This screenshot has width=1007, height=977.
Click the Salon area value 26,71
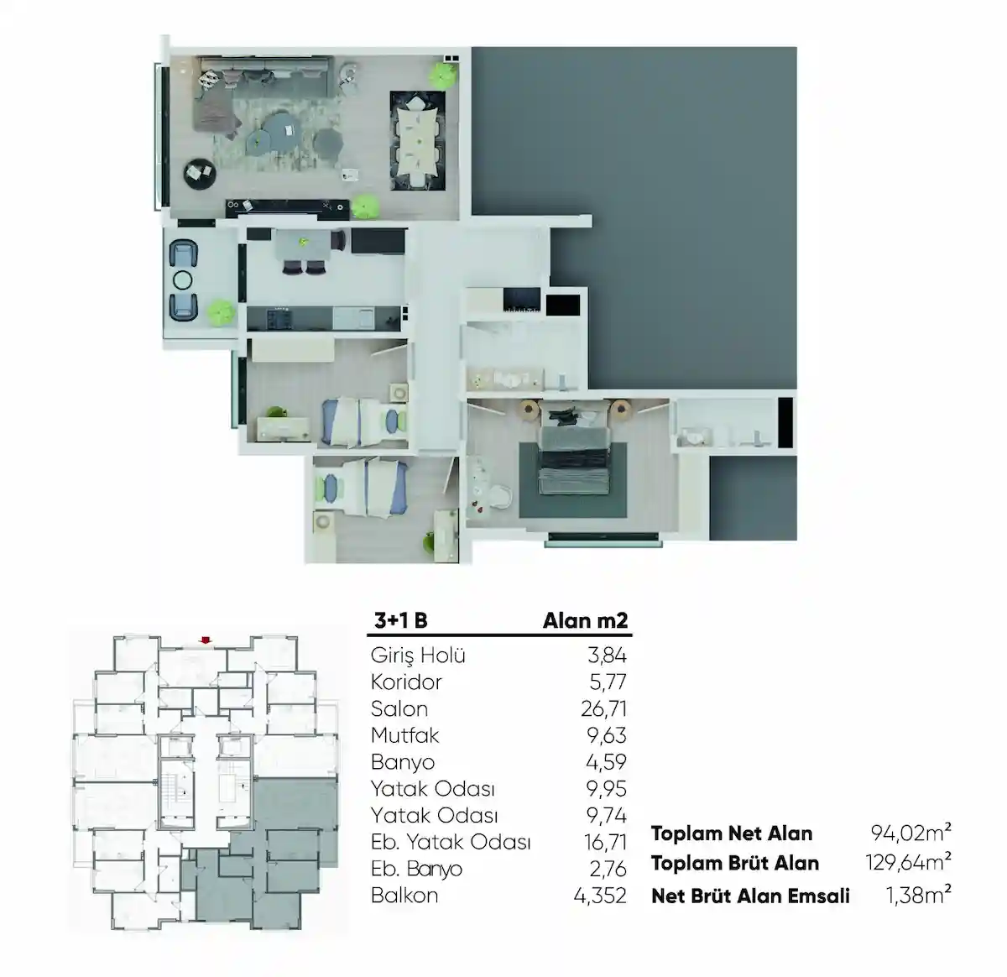click(603, 708)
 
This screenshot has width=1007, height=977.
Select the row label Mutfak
click(404, 735)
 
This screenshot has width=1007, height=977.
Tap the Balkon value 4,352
click(599, 896)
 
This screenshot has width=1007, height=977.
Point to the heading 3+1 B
click(400, 620)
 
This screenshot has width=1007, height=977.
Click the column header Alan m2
click(585, 620)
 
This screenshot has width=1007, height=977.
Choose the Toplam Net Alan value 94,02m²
click(910, 833)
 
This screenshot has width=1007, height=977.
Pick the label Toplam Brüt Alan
click(734, 863)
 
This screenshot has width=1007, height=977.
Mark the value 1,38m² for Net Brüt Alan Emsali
click(918, 895)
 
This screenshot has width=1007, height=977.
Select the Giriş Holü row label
click(417, 656)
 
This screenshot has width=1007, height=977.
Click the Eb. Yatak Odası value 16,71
click(604, 842)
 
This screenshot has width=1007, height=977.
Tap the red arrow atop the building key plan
click(204, 641)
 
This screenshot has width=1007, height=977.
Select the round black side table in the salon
click(200, 173)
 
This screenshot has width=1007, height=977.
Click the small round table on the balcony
click(183, 280)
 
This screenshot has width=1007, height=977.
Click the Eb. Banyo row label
click(416, 869)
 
